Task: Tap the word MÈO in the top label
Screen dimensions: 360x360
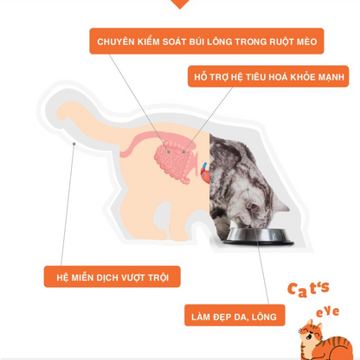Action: pos(305,42)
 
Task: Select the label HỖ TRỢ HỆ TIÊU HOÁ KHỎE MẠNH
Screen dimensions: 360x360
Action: pos(268,77)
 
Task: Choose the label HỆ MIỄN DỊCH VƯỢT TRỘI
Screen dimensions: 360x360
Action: pos(112,277)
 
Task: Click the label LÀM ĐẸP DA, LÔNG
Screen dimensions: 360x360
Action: pos(234,317)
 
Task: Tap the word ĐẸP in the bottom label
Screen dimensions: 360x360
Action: pos(226,317)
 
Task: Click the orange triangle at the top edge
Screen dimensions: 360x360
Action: pos(179,3)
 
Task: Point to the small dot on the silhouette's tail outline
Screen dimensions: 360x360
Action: pos(74,143)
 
